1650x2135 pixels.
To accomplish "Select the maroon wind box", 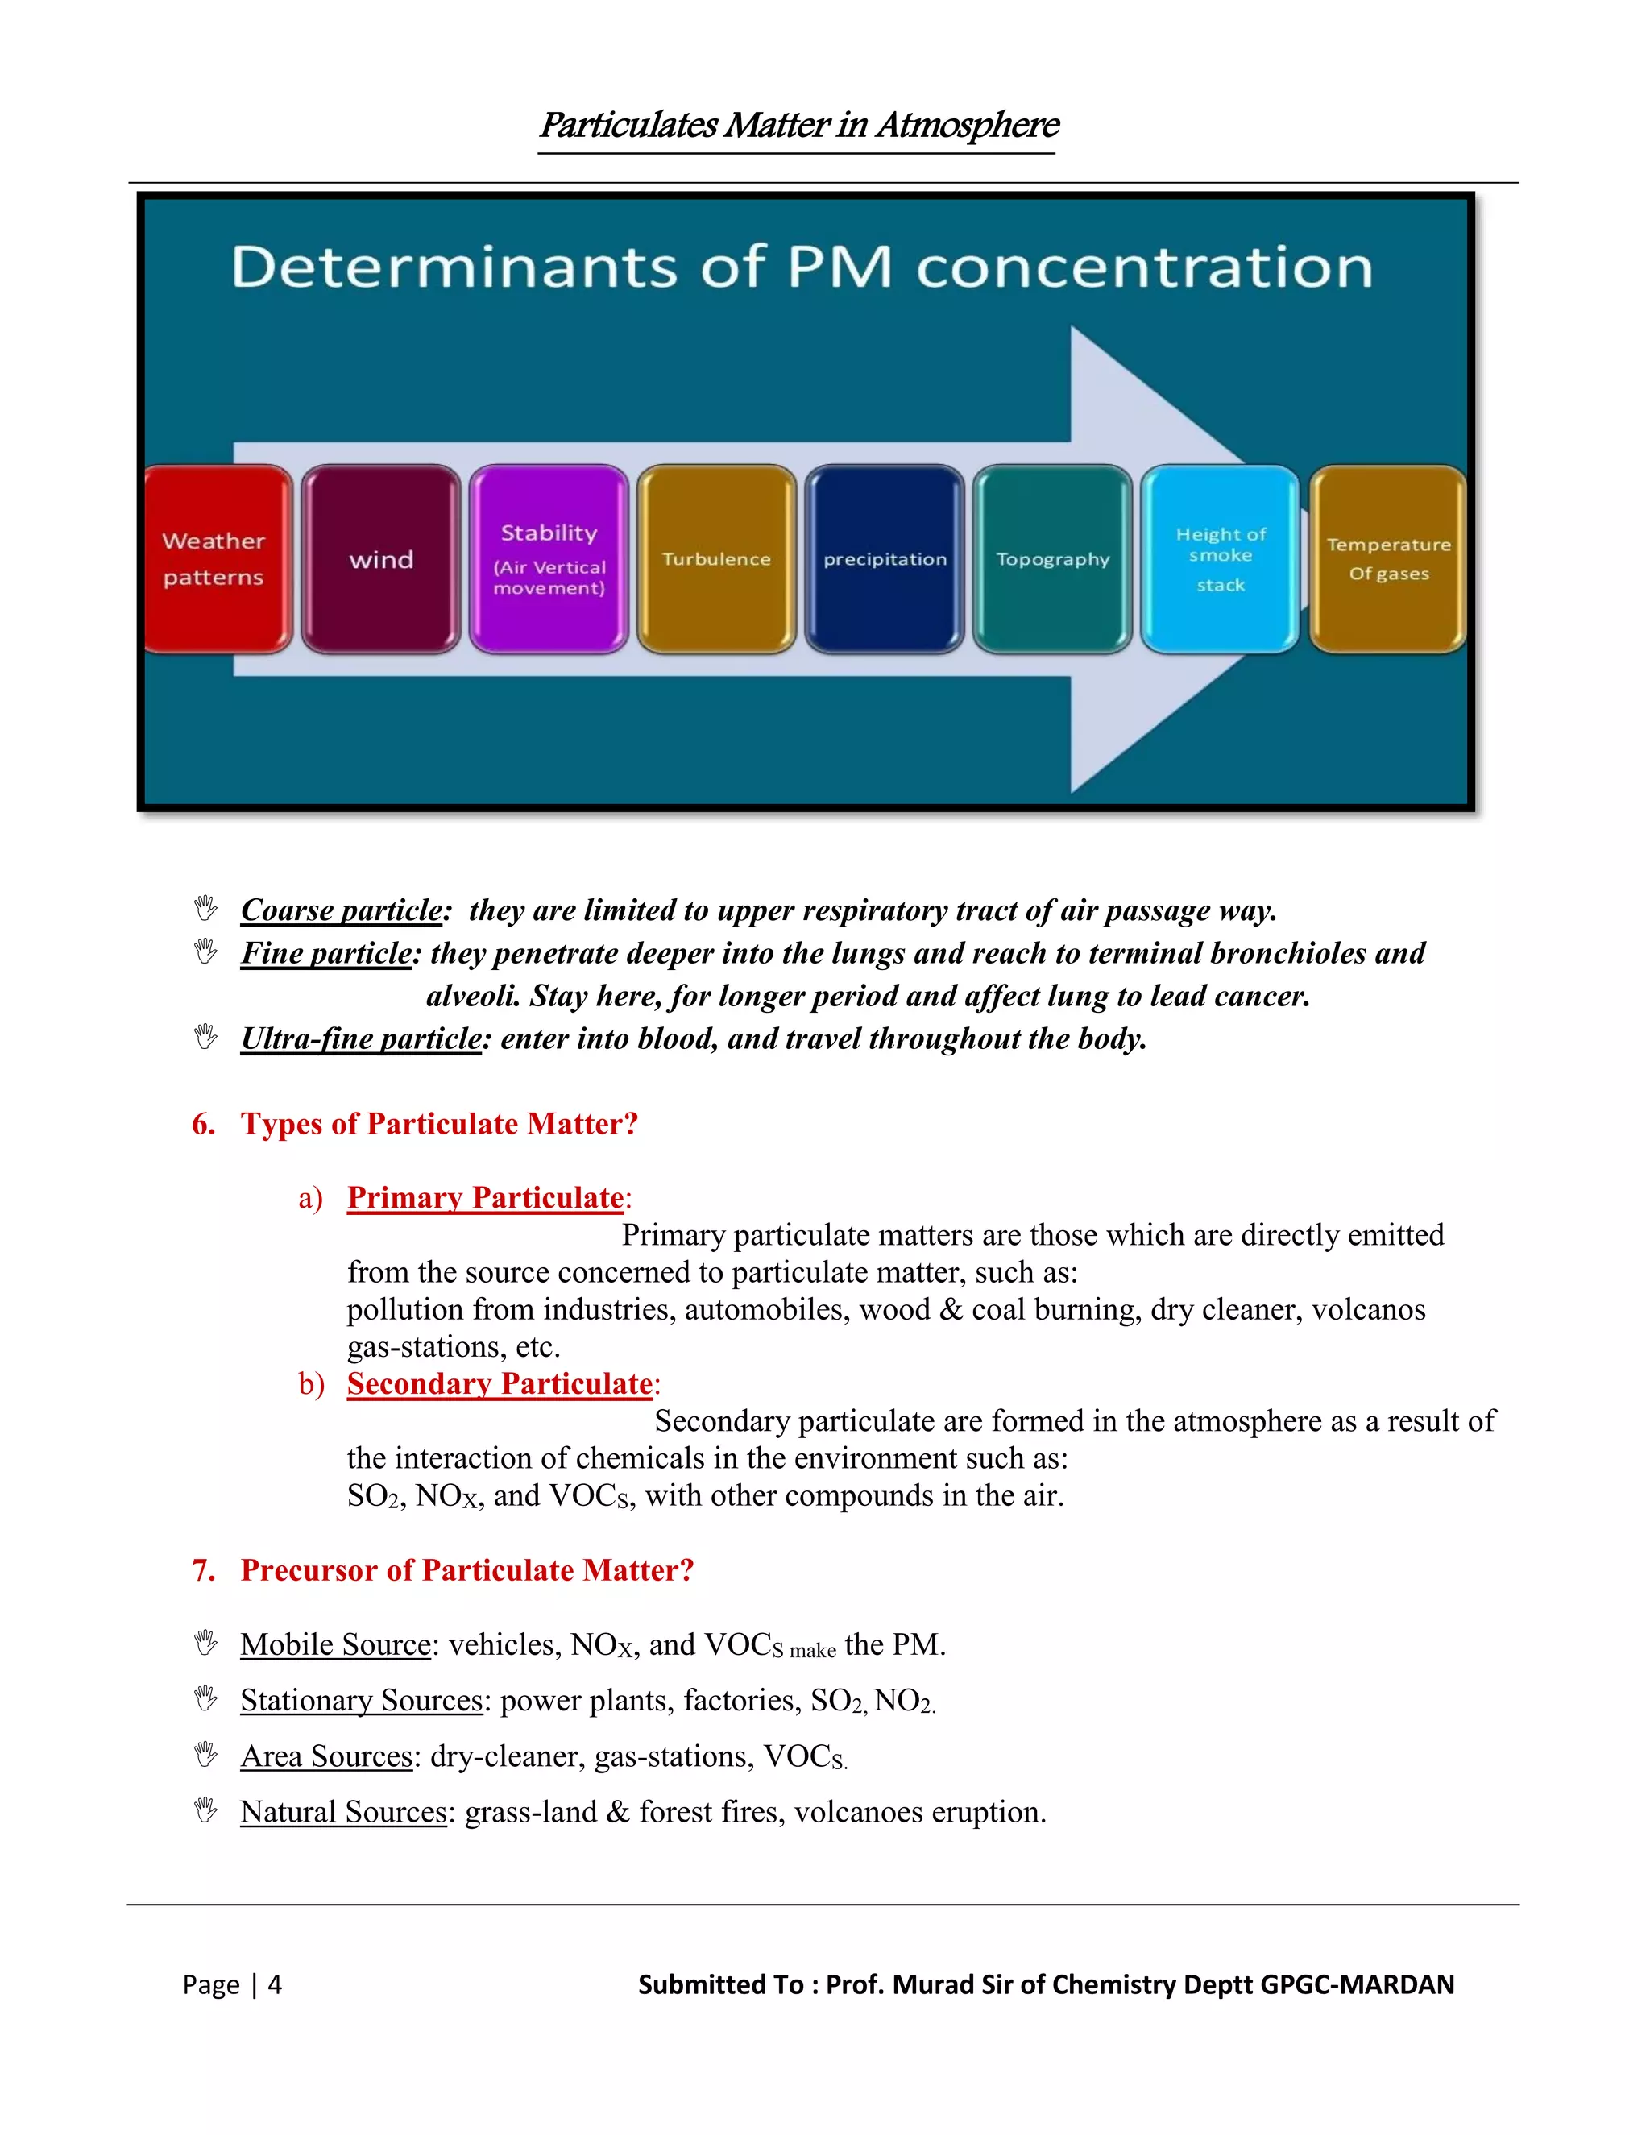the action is tap(381, 559).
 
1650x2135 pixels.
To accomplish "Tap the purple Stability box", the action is tap(549, 559).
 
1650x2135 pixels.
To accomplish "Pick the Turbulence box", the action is tap(716, 559).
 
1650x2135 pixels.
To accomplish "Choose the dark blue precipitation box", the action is tap(885, 559).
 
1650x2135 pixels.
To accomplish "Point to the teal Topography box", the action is tap(1053, 559).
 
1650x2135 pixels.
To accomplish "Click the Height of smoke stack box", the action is tap(1221, 559).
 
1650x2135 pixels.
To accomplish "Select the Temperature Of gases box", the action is tap(1388, 559).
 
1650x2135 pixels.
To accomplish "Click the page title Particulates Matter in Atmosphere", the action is tap(798, 125).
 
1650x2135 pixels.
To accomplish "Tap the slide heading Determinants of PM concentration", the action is tap(802, 267).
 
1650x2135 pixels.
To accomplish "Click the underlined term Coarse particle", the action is tap(342, 910).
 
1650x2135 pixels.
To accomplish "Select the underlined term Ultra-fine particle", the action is tap(362, 1038).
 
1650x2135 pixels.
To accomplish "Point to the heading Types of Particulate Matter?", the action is tap(439, 1124).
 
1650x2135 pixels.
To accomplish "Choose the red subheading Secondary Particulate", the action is tap(500, 1383).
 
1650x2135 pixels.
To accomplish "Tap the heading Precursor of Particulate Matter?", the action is tap(467, 1570).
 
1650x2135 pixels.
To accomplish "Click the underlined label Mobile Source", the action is tap(335, 1644).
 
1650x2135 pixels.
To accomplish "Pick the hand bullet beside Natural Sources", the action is tap(205, 1810).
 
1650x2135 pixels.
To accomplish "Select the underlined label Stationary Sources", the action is tap(362, 1700).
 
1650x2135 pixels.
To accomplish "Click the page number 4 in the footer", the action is tap(275, 1984).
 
